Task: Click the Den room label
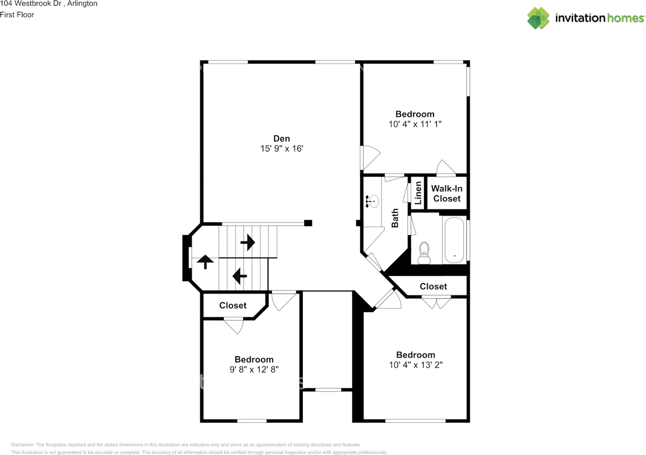click(282, 138)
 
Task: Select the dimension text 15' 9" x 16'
click(282, 149)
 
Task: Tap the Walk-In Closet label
click(447, 194)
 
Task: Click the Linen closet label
click(418, 192)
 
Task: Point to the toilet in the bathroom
click(424, 252)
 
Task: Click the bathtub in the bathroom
click(455, 240)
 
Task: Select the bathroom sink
click(372, 202)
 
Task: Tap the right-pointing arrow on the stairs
click(248, 243)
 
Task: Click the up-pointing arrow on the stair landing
click(204, 262)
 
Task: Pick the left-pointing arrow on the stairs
click(239, 276)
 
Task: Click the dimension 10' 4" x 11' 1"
click(415, 124)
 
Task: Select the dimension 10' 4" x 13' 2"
click(415, 365)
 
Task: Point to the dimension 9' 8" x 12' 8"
click(254, 369)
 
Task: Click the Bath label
click(395, 218)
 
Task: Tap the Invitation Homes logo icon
click(539, 18)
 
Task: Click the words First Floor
click(17, 15)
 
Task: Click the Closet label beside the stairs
click(233, 306)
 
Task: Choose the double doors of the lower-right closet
click(436, 303)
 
